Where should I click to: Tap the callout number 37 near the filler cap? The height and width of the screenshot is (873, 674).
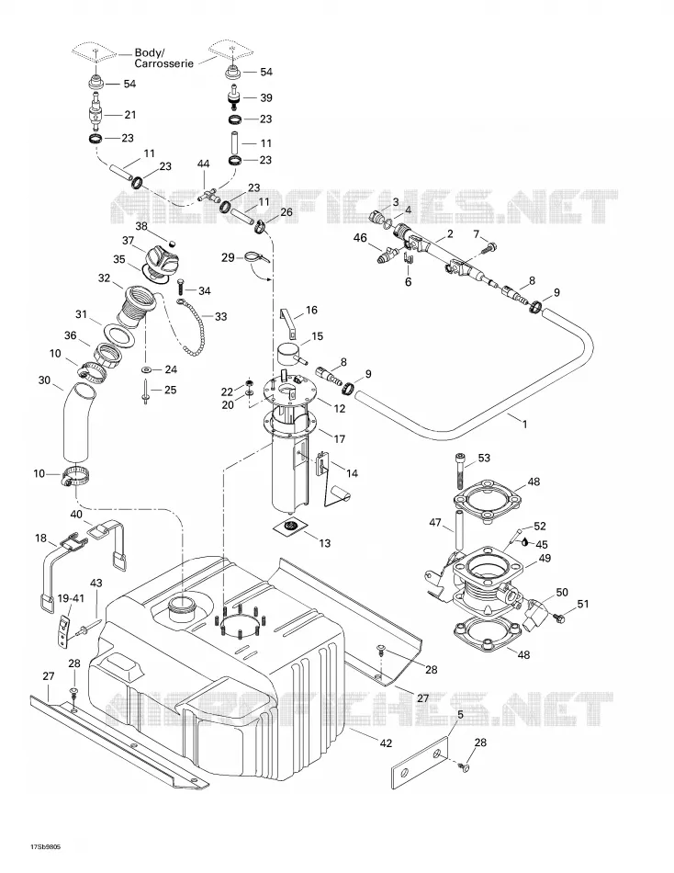click(129, 240)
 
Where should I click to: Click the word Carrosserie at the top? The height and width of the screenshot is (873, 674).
click(164, 63)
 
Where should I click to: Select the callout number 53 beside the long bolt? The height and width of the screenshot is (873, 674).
click(484, 458)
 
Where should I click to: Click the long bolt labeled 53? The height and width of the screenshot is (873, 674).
click(461, 471)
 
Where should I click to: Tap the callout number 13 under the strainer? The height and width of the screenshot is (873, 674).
click(324, 542)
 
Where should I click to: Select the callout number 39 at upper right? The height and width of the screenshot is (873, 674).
click(266, 97)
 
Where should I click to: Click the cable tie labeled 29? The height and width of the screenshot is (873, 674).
click(256, 258)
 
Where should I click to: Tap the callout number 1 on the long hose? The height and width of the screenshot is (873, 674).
click(524, 424)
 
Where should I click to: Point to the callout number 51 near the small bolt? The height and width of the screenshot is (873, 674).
click(583, 604)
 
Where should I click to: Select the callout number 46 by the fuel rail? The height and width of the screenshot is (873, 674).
click(360, 238)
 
